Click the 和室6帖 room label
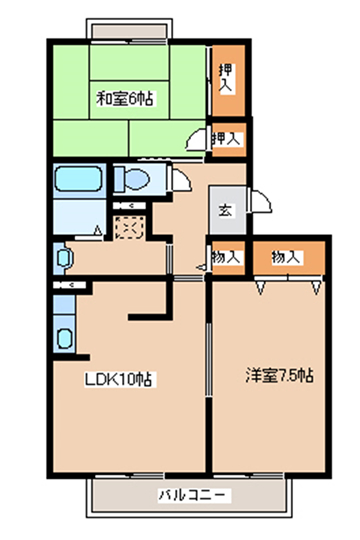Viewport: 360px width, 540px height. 125,99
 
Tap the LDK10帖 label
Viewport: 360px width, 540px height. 118,380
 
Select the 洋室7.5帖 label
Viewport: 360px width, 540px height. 279,375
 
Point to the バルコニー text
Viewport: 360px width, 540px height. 192,495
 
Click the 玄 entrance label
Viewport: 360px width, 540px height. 226,210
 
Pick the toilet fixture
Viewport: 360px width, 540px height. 132,179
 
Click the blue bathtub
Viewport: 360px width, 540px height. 79,179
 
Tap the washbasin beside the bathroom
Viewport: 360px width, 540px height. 63,258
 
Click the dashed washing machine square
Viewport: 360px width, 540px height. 129,227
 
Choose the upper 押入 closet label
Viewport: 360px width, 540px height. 226,78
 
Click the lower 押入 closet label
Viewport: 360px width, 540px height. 226,138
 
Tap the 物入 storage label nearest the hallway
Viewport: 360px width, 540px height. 225,257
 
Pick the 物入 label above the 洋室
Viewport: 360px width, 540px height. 287,257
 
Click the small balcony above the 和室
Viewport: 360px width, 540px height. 129,29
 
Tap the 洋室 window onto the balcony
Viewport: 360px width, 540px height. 248,476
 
